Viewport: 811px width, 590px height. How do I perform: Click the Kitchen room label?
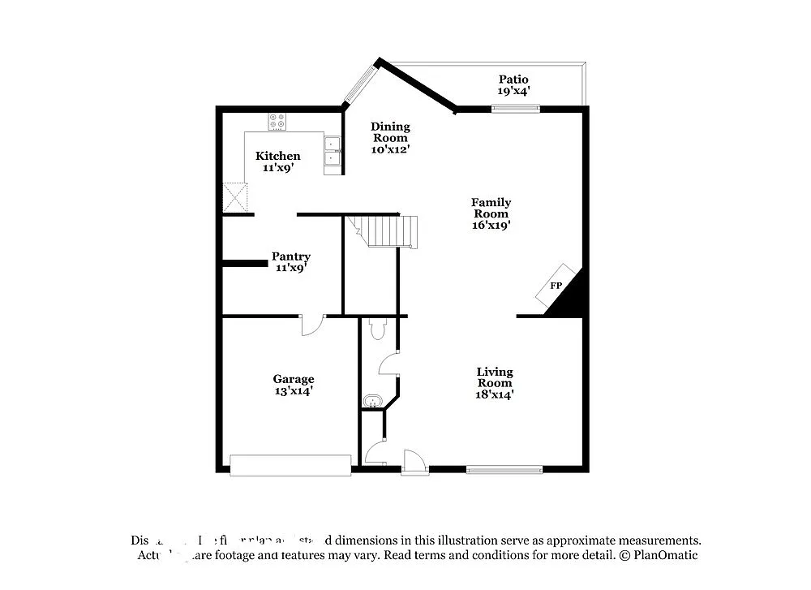coord(278,156)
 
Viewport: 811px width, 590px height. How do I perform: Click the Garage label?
coord(293,379)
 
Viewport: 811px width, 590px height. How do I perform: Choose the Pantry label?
coord(290,256)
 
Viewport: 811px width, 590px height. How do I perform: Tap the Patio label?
coord(513,79)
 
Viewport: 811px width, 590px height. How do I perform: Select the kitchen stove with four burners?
coord(277,122)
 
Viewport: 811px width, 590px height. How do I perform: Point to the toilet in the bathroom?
coord(377,329)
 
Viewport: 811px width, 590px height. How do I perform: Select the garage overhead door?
coord(290,465)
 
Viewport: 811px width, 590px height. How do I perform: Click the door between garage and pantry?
coord(312,325)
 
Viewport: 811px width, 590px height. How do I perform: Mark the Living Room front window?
coord(504,468)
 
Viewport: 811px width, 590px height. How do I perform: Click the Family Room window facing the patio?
coord(515,108)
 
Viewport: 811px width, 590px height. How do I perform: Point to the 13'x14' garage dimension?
coord(293,391)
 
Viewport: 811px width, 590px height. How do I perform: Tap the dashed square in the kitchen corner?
coord(235,196)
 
